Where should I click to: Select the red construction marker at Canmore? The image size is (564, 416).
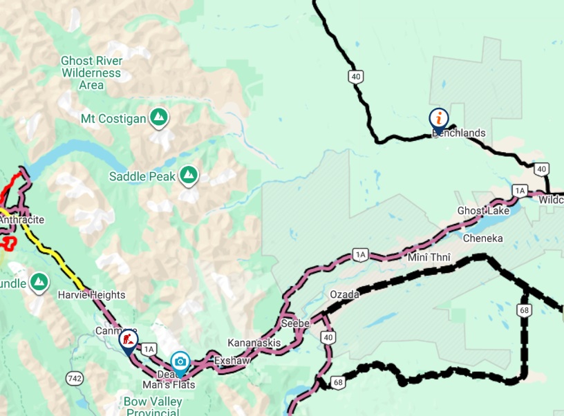coord(128,340)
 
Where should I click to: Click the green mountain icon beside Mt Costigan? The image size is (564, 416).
coord(160,118)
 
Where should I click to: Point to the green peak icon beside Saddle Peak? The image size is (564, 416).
coord(187,176)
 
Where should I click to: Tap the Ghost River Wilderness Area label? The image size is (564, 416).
coord(91,73)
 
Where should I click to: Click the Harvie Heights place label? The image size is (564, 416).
coord(91,295)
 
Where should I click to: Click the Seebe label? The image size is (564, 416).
coord(296,323)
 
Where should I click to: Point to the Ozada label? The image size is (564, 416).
coord(344,294)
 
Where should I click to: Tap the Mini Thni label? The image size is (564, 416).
coord(429,258)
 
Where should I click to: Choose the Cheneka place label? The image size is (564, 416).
coord(483,238)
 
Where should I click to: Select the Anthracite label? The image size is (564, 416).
coord(22,220)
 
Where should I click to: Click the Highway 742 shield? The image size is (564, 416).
coord(75,378)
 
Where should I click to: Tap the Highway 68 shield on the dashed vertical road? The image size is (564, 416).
coord(525,310)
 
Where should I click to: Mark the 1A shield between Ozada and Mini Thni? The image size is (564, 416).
coord(359,254)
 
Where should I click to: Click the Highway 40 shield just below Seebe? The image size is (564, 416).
coord(328,337)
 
